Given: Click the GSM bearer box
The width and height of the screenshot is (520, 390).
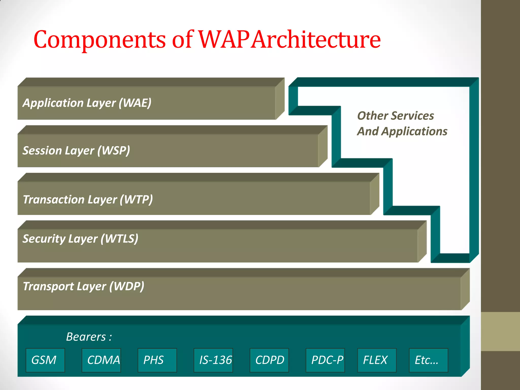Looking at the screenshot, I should [x=45, y=360].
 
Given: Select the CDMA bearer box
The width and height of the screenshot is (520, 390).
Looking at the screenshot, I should [x=101, y=360].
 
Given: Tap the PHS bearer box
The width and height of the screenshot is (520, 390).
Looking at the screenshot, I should [x=157, y=360].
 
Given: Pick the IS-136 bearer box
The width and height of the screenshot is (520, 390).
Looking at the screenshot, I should [x=213, y=360].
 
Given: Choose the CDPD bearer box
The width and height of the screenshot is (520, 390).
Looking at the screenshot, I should [x=269, y=360].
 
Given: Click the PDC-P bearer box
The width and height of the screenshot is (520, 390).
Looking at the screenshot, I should [x=325, y=360].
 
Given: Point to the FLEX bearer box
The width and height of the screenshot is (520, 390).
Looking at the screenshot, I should [x=377, y=360].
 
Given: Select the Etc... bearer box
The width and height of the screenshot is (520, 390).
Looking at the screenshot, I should [x=428, y=360].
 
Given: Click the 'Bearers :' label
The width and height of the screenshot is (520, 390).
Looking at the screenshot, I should [x=89, y=337].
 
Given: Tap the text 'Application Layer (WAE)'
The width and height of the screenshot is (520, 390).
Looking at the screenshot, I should [x=87, y=103].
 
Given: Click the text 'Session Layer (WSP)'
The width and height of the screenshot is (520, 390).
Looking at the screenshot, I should [x=76, y=151].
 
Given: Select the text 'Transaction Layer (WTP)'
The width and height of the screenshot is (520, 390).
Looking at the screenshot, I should [x=88, y=200].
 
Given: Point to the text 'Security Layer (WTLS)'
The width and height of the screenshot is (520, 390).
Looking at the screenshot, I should [x=80, y=239].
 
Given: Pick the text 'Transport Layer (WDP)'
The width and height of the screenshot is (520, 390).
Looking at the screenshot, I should [x=84, y=286].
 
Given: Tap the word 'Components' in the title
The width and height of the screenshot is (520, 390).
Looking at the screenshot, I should [x=100, y=40].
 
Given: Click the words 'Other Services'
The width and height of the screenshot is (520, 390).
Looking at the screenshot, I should [x=395, y=116].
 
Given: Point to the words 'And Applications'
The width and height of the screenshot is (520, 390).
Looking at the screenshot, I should [x=402, y=132].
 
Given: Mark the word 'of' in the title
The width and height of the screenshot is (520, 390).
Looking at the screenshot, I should [x=182, y=40].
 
